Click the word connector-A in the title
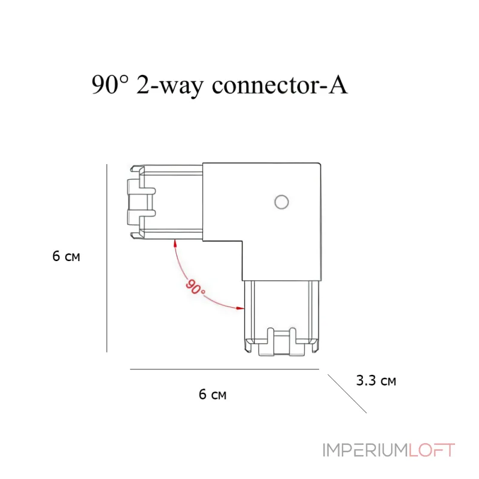pyautogui.click(x=280, y=85)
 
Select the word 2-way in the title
pyautogui.click(x=169, y=86)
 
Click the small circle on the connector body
pyautogui.click(x=281, y=202)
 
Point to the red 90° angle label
pyautogui.click(x=195, y=287)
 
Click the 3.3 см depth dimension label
pyautogui.click(x=376, y=381)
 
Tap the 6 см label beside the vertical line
pyautogui.click(x=66, y=256)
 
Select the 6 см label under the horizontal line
pyautogui.click(x=213, y=394)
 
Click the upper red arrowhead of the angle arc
pyautogui.click(x=175, y=243)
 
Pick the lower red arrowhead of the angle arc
pyautogui.click(x=241, y=308)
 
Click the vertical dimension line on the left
pyautogui.click(x=107, y=258)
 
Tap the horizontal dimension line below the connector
pyautogui.click(x=225, y=369)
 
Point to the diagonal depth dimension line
pyautogui.click(x=347, y=394)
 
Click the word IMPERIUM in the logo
pyautogui.click(x=365, y=450)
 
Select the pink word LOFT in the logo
pyautogui.click(x=432, y=450)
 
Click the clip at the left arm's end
pyautogui.click(x=141, y=202)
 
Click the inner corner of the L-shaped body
pyautogui.click(x=242, y=241)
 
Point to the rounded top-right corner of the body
pyautogui.click(x=320, y=164)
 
